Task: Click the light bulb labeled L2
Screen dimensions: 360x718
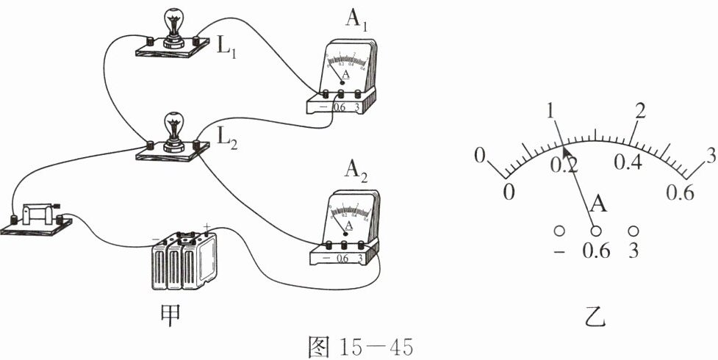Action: pos(173,129)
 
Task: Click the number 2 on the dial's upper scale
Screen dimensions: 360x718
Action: pos(639,112)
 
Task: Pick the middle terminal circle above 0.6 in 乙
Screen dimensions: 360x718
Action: pos(596,231)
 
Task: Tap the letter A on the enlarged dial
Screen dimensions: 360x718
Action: pos(599,203)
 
